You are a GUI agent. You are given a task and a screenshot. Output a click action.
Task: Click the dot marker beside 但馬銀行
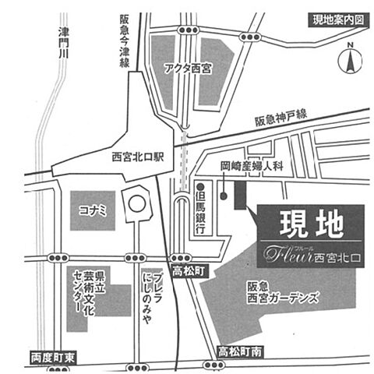point(200,187)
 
